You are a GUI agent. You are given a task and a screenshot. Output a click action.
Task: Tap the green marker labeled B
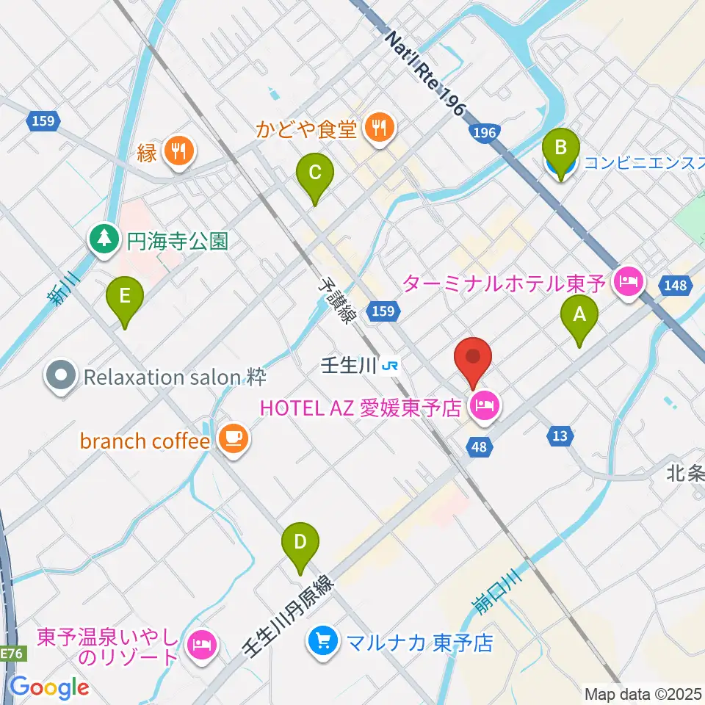[560, 150]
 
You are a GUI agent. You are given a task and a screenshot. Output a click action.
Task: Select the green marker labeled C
[314, 175]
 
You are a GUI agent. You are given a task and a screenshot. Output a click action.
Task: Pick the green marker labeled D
[300, 544]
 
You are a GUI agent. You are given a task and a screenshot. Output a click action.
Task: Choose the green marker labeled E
[125, 298]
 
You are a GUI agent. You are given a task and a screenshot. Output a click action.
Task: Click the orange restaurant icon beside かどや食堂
[379, 129]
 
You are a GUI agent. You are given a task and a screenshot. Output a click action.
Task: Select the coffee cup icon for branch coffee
[234, 440]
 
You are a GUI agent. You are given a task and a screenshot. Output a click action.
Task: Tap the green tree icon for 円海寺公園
[104, 239]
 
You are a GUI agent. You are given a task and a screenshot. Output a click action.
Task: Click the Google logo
[49, 687]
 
